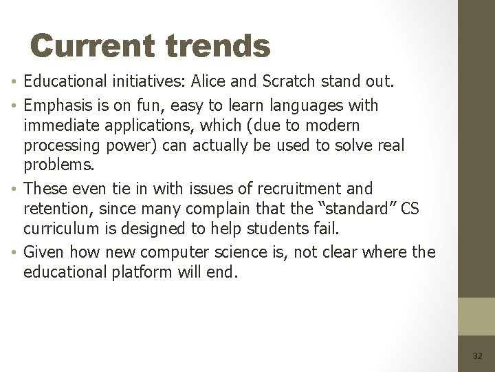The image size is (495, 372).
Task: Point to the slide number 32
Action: click(x=477, y=355)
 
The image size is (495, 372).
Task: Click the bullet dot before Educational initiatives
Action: click(x=15, y=83)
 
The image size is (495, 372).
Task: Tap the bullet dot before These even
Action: click(x=15, y=189)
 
